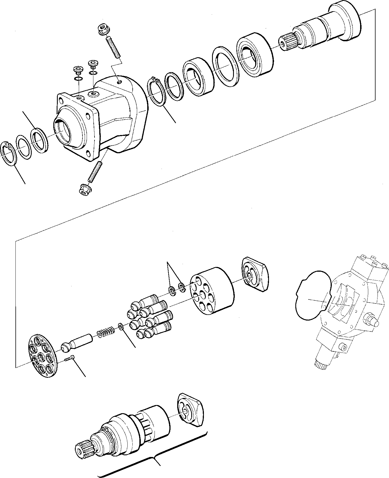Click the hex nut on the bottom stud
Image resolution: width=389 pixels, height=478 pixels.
(83, 190)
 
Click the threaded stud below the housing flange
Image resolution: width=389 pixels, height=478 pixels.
(95, 171)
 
